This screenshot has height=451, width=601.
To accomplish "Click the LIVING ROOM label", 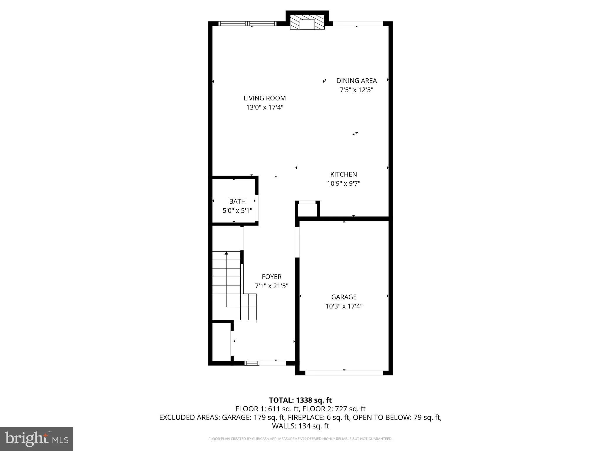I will [264, 98].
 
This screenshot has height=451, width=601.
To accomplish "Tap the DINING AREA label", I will [356, 81].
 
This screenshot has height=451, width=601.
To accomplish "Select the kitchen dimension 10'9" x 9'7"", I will [343, 184].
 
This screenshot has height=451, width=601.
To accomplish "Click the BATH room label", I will [237, 201].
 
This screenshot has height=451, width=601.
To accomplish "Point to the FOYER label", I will [271, 277].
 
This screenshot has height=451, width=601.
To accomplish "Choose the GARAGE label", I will [344, 297].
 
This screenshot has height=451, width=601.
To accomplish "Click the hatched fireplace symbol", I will [307, 22].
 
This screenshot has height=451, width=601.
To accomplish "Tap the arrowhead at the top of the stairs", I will [226, 253].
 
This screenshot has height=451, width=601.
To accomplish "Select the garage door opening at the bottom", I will [344, 373].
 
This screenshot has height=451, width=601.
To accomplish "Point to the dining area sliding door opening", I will [358, 23].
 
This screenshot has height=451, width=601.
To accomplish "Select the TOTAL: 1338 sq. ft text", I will [300, 400].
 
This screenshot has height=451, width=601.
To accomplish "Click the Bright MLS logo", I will [37, 439].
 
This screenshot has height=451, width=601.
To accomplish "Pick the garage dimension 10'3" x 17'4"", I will [344, 306].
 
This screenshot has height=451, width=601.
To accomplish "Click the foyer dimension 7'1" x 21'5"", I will [271, 286].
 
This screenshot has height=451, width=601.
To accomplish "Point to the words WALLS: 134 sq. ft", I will [300, 426].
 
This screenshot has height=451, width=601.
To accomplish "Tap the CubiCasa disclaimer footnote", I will [300, 439].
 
